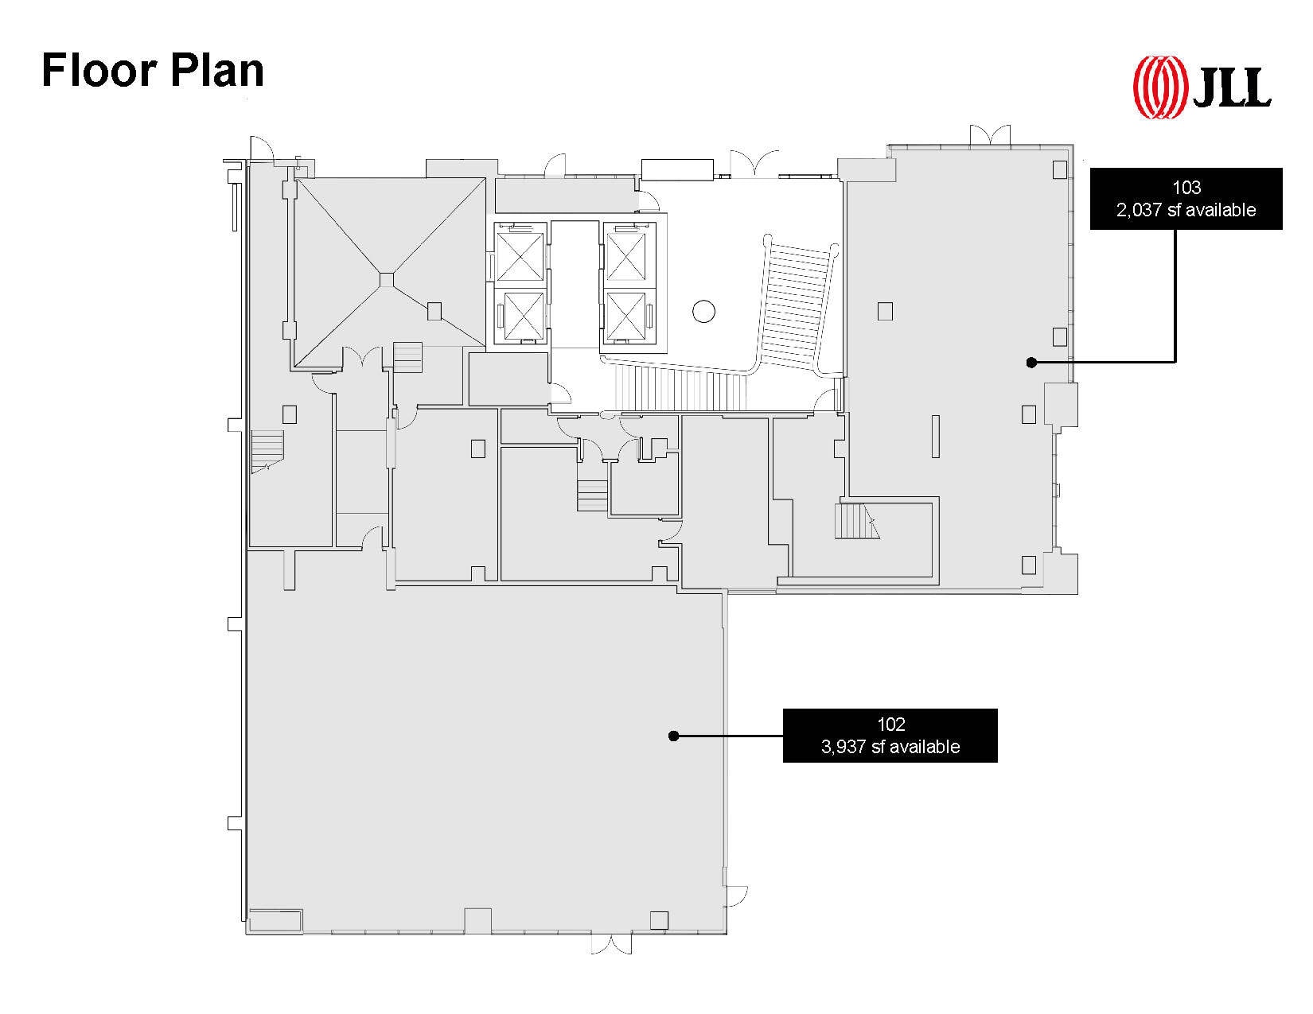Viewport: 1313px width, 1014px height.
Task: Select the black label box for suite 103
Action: click(x=1186, y=199)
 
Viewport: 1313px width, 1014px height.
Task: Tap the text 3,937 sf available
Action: click(x=890, y=747)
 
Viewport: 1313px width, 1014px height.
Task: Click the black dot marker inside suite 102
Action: click(x=673, y=736)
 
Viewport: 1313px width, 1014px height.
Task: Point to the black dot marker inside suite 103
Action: click(x=1031, y=363)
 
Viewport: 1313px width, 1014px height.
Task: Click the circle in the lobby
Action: click(x=703, y=311)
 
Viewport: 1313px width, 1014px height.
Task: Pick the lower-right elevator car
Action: click(x=625, y=315)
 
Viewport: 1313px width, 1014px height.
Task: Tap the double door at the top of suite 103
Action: click(x=990, y=135)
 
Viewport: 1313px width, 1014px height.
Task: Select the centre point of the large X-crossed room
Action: click(x=386, y=280)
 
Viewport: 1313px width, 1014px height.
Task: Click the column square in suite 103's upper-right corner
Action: click(x=1059, y=169)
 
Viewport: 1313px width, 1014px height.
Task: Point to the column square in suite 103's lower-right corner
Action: click(x=1028, y=564)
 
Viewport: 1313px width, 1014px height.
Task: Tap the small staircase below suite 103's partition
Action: click(x=855, y=522)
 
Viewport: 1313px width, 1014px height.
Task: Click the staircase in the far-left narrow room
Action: click(x=267, y=451)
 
